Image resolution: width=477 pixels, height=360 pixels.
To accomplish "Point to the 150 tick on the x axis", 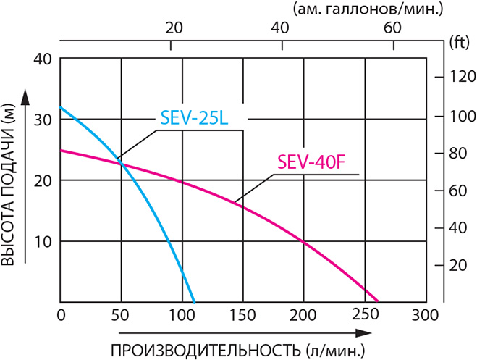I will point(242,315).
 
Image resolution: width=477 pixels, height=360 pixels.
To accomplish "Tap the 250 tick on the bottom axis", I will point(364,315).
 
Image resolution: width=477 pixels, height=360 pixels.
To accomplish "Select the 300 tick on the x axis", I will point(425,315).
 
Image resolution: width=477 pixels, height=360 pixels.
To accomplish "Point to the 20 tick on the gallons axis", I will point(172,28).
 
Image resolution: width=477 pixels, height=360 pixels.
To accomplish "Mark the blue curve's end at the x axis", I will point(194,301).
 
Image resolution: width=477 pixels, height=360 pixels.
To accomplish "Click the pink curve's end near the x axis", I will point(377,300).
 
